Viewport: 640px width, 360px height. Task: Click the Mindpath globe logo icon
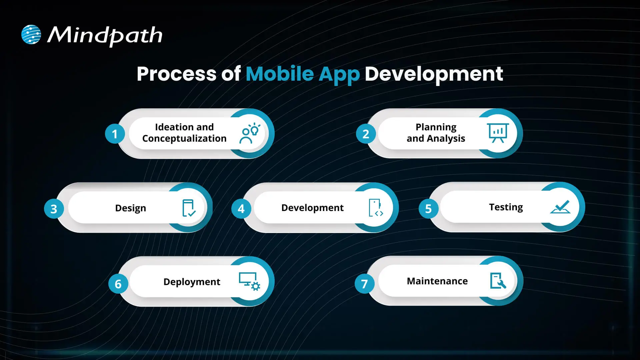31,34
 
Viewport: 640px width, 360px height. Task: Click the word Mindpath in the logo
105,35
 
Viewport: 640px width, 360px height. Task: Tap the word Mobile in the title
280,74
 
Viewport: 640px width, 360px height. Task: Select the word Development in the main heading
434,74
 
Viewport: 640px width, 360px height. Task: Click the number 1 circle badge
115,134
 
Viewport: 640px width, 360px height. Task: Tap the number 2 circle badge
366,134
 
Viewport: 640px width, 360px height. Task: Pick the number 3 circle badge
54,209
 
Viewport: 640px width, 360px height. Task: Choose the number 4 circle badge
241,209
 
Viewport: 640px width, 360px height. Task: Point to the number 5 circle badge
428,209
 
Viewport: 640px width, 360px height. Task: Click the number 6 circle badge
118,284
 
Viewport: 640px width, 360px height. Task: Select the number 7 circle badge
364,284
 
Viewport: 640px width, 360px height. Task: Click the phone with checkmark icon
189,208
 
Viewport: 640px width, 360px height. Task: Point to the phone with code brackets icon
376,208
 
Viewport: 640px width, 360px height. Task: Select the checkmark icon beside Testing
560,207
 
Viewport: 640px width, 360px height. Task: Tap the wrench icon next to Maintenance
498,281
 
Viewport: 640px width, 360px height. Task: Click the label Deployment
192,282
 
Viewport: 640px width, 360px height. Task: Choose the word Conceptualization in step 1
184,139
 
